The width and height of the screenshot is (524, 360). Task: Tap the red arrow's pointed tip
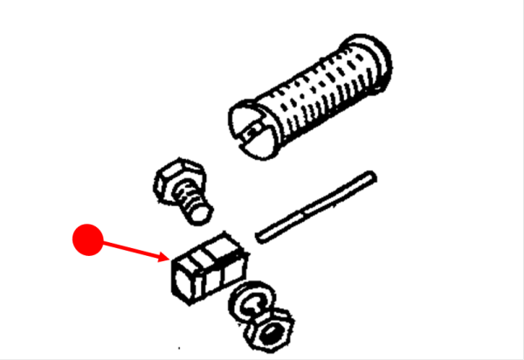(171, 260)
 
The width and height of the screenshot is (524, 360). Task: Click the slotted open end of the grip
(251, 127)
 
